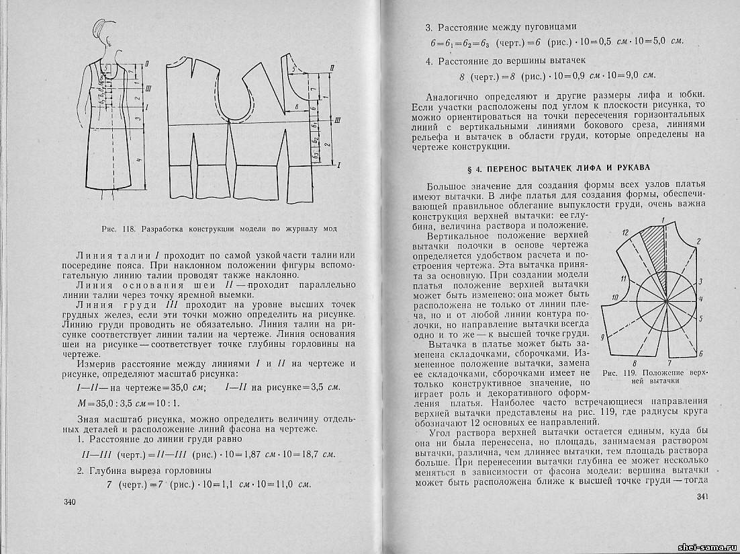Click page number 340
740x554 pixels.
69,503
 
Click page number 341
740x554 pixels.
703,497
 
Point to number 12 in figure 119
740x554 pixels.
625,233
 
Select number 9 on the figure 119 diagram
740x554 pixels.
602,337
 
